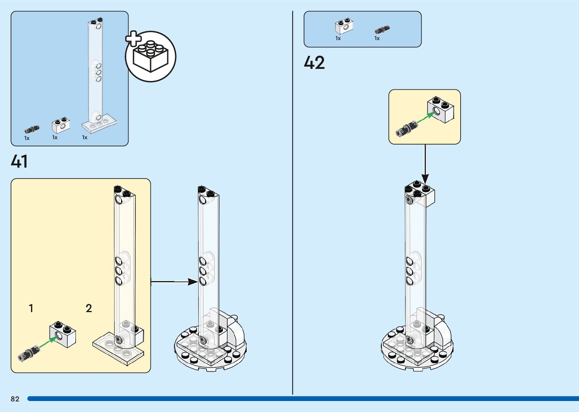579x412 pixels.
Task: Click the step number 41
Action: [x=19, y=161]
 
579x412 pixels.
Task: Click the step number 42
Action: [x=314, y=63]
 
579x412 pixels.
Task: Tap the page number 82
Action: [x=15, y=399]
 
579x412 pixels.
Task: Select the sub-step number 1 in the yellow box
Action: [x=31, y=308]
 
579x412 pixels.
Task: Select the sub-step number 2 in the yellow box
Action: [x=89, y=308]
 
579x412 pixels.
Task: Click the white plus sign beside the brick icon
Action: [x=133, y=39]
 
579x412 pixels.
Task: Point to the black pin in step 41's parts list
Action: [x=32, y=130]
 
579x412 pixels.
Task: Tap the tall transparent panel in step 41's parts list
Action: [x=96, y=76]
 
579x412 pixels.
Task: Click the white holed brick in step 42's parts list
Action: [x=344, y=26]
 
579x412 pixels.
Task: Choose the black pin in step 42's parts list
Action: [x=382, y=29]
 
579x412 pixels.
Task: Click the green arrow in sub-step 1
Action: [x=48, y=342]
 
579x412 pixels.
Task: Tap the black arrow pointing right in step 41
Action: [x=174, y=281]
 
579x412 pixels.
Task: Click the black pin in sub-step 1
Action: [x=28, y=354]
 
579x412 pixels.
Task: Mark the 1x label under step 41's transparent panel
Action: [x=85, y=138]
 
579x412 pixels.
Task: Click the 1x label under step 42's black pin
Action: [x=377, y=38]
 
